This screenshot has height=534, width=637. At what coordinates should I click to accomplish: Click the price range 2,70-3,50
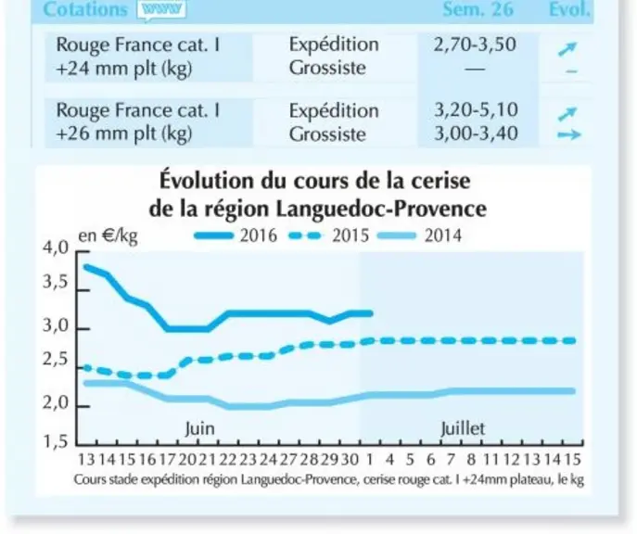(x=475, y=44)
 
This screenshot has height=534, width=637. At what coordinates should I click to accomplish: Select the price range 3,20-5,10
(x=476, y=110)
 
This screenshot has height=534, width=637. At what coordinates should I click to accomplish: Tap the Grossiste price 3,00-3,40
(x=476, y=133)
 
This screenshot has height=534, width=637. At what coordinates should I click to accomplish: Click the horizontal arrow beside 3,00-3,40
(x=568, y=134)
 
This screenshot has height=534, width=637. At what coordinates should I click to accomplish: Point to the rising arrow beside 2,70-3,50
(x=567, y=49)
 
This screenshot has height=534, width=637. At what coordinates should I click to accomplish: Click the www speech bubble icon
(x=161, y=9)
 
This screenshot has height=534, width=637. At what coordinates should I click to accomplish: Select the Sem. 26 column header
(x=478, y=9)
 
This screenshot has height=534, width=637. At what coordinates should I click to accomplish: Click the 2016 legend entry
(x=236, y=235)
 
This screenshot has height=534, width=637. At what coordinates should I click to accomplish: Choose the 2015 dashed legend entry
(x=328, y=235)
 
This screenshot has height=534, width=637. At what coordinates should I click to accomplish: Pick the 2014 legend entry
(x=420, y=235)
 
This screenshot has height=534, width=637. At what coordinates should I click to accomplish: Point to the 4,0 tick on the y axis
(x=56, y=248)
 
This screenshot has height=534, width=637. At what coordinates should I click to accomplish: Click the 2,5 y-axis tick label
(x=56, y=361)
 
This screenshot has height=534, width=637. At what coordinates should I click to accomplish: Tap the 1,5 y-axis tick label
(x=56, y=441)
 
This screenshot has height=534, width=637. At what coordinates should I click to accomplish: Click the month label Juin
(x=200, y=429)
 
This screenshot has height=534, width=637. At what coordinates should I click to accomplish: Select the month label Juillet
(x=463, y=429)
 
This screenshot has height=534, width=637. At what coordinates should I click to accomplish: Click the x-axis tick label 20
(x=187, y=460)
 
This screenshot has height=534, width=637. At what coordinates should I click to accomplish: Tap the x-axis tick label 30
(x=350, y=460)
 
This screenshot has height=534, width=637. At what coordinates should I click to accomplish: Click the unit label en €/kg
(x=108, y=235)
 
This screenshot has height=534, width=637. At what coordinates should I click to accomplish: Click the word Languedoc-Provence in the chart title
(x=381, y=210)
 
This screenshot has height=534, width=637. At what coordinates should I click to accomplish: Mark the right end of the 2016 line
(x=371, y=313)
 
